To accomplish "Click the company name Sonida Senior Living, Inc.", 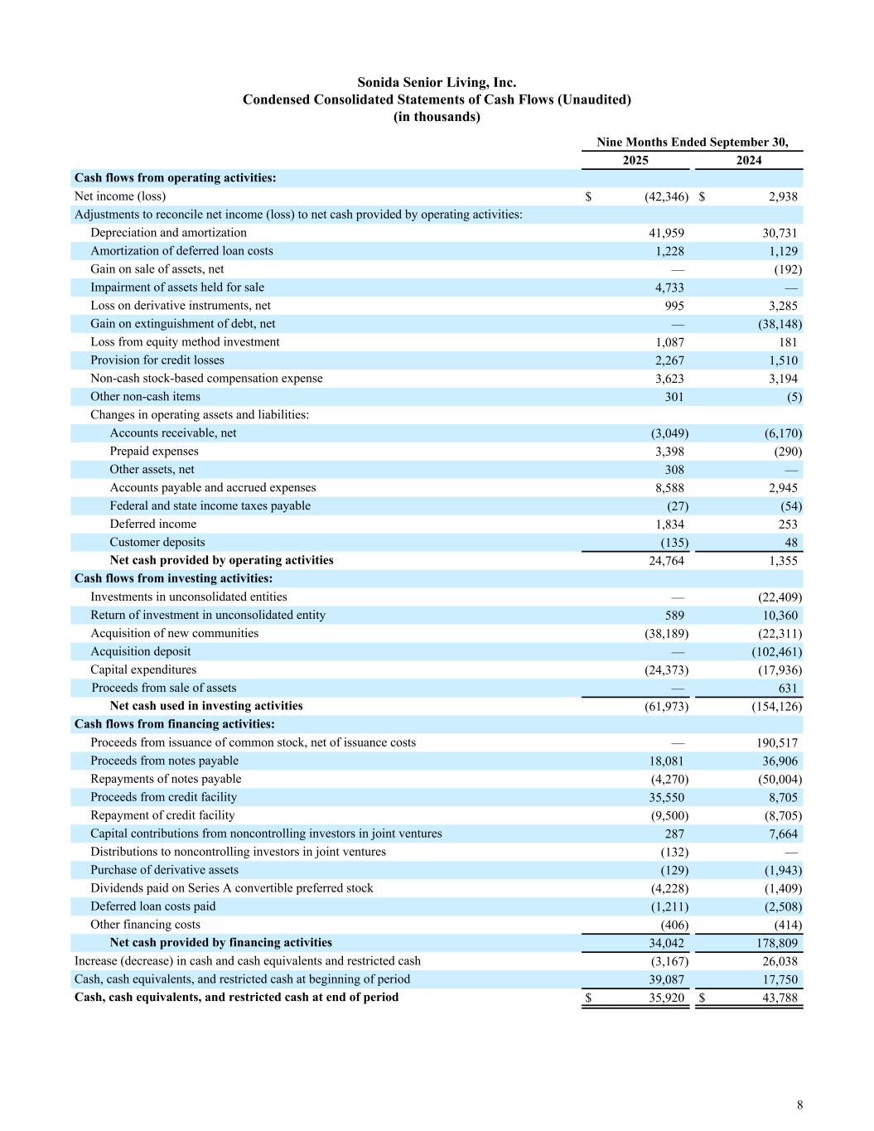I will [437, 83].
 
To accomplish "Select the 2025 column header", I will [635, 161].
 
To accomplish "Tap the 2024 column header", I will [748, 161].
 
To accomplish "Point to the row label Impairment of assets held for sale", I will [177, 288].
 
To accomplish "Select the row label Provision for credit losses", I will [157, 360].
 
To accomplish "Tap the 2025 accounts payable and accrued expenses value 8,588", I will [669, 488].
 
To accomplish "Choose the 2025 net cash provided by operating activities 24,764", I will [666, 561].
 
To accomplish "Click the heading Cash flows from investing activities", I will [173, 578].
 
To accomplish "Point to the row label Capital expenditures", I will [143, 669].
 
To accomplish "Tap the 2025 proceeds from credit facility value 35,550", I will [666, 797].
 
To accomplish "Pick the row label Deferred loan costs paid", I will [152, 906].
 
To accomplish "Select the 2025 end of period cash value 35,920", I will [666, 998].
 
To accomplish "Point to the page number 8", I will [799, 1104].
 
